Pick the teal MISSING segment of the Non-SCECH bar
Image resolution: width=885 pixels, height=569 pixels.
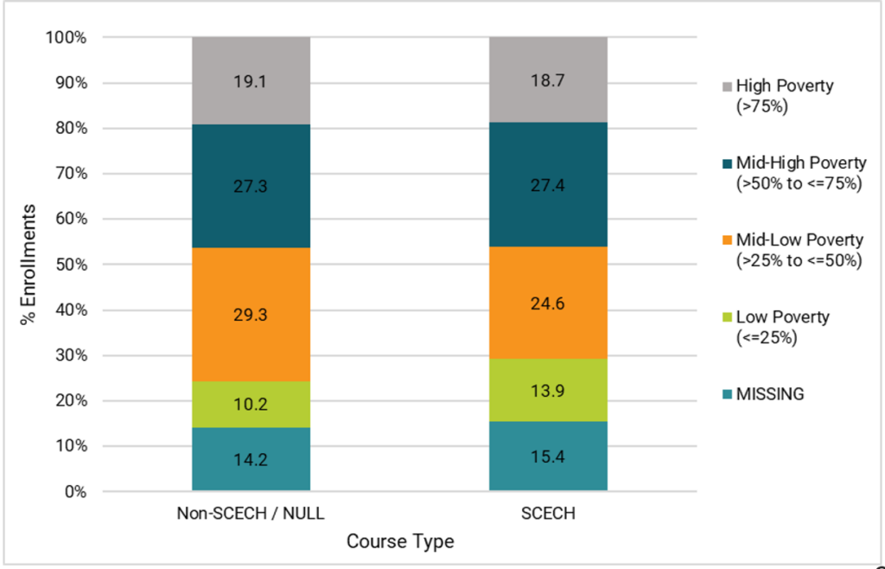[251, 471]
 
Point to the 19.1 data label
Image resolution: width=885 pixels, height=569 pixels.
[251, 83]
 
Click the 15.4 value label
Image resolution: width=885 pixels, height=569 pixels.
[548, 457]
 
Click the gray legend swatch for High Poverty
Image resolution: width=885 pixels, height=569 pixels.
[724, 86]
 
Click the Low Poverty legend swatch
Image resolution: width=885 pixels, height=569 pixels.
[724, 317]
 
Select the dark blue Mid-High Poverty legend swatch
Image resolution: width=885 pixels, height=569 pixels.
[724, 163]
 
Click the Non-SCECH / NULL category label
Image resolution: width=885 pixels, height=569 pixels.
[251, 514]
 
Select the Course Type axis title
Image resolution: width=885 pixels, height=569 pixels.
[399, 542]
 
